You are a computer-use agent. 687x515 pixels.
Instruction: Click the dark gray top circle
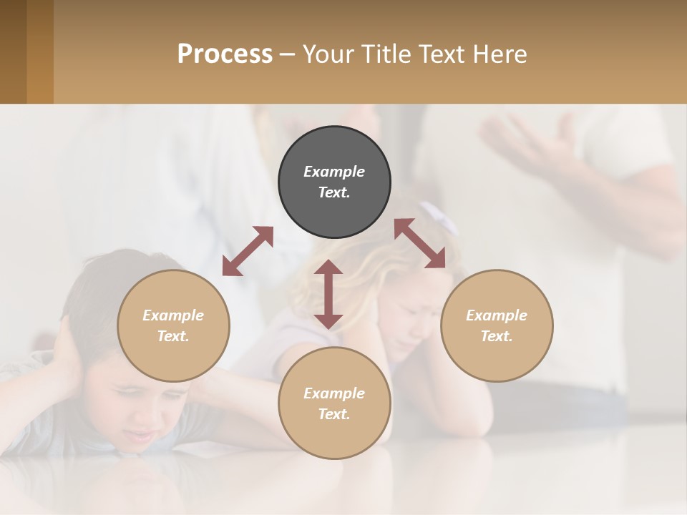tap(334, 182)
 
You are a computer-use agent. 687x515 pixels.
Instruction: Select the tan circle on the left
tap(173, 325)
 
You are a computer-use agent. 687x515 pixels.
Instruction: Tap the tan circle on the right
tap(497, 325)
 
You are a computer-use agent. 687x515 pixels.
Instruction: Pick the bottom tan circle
tap(334, 403)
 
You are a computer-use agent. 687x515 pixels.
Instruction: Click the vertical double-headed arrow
tap(328, 294)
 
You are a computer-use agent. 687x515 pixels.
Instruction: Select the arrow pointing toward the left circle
tap(248, 251)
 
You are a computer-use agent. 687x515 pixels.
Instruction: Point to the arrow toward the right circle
tap(420, 243)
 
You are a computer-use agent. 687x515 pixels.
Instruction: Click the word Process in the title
tap(225, 54)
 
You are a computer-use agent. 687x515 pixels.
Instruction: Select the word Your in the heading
tap(326, 54)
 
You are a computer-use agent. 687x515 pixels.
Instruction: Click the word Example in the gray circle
tap(334, 172)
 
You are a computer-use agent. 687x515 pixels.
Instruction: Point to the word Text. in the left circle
tap(173, 336)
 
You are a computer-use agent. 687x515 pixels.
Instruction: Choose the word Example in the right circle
tap(497, 315)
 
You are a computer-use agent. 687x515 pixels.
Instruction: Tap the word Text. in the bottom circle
tap(334, 414)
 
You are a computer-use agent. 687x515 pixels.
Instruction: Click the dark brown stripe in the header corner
tap(13, 51)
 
